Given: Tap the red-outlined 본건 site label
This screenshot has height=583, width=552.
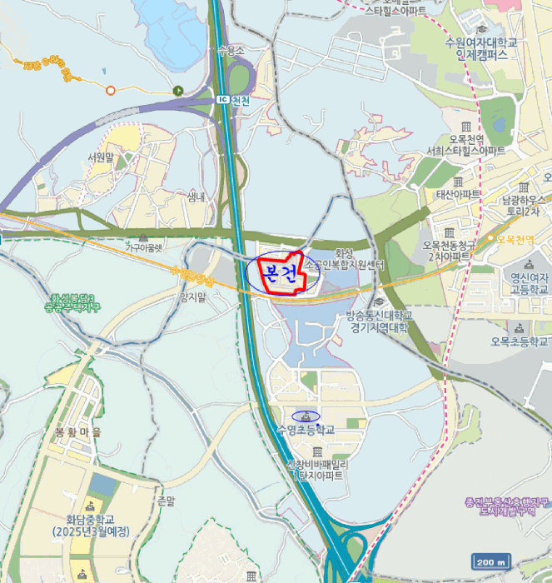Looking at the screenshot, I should pos(280,272).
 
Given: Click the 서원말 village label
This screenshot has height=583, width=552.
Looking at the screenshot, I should pos(99,157).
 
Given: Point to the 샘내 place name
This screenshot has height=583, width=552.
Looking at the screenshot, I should pos(196,197).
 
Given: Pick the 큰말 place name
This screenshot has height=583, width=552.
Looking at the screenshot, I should pos(166,501).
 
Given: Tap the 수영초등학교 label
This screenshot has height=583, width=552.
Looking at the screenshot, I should pos(306,430).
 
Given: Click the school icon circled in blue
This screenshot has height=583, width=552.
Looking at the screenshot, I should pos(306,416).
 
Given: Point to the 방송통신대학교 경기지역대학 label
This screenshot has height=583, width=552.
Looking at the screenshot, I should pos(378,321).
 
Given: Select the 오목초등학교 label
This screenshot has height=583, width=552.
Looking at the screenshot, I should pos(520,341).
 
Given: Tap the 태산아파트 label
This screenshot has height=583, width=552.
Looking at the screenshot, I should pos(459,194).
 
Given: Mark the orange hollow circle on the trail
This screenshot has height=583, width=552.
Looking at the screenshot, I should pos(110,90).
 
